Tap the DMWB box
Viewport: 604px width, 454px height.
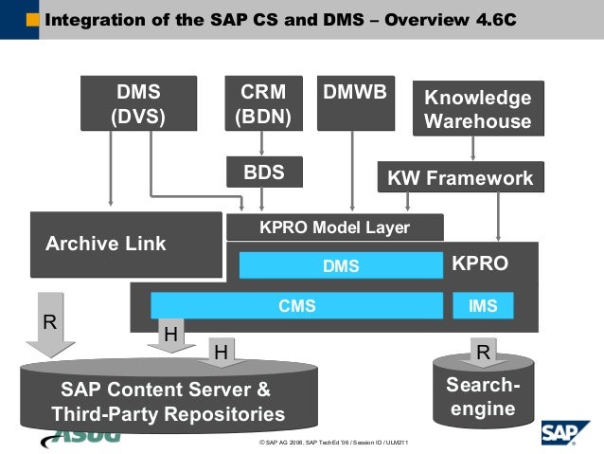(354, 103)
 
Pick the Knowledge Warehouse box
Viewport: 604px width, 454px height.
(477, 109)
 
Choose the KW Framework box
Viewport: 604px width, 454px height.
(460, 177)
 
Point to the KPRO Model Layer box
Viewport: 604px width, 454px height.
(334, 227)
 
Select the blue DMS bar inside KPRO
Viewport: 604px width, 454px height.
(341, 266)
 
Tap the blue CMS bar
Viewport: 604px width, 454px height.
(296, 305)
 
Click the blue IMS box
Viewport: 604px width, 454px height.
(483, 305)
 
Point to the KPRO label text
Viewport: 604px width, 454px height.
(480, 264)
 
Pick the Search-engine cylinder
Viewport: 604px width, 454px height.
(483, 398)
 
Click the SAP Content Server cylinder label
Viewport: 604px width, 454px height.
(167, 402)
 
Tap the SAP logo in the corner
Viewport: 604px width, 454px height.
(565, 432)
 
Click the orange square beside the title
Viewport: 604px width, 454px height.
(33, 19)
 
